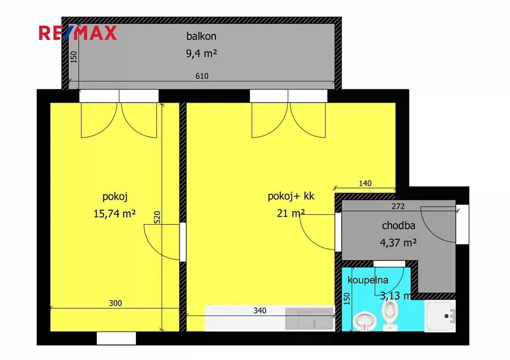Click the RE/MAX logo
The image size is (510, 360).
coord(78,33)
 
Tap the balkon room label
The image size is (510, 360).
coord(201,37)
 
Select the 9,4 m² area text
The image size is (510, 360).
coord(201,54)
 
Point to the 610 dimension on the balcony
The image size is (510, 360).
coord(202,76)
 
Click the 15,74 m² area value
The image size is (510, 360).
coord(114,214)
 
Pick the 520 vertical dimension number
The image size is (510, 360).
coord(157,217)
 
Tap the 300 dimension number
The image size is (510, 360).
coord(116,303)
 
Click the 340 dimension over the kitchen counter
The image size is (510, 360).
coord(260,311)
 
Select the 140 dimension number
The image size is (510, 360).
coord(365,183)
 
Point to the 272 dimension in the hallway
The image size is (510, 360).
coord(398,206)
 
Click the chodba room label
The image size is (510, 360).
coord(399,226)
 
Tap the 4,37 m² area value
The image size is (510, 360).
coord(398,243)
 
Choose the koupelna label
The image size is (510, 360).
coord(368,280)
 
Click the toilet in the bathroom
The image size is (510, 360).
coord(390,315)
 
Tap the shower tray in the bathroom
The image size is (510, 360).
coord(440,316)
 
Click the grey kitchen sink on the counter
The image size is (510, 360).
coord(309,318)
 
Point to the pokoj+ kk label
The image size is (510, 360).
coord(291,196)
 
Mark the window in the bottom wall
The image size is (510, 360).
coord(116,338)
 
